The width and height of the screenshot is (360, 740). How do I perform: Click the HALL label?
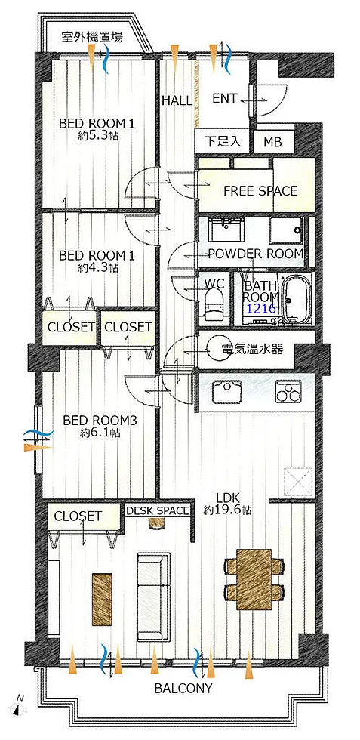pos(177,100)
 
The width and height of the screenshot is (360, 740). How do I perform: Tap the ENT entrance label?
pos(225,99)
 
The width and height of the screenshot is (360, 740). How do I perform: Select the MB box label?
pos(272,141)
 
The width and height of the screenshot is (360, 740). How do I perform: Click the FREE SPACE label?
pos(260,190)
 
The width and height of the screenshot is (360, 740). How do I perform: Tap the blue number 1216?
pos(260,309)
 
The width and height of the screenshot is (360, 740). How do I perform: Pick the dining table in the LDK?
pos(254,578)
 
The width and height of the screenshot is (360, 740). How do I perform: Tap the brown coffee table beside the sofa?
pos(102,596)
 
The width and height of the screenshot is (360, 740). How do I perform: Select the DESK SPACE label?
pos(158,510)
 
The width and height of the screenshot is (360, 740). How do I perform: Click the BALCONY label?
pos(183,688)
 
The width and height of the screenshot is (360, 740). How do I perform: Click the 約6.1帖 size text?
pos(100,432)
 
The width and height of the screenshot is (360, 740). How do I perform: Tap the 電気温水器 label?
pos(252,350)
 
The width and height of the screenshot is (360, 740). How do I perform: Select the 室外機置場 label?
pos(92,37)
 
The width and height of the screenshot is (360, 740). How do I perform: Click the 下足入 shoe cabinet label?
pos(222,141)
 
